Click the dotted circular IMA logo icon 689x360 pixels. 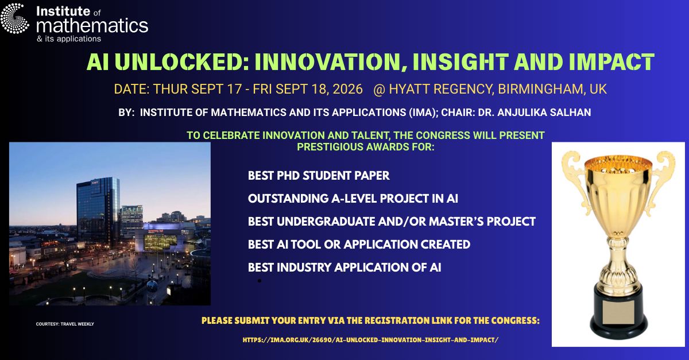[15, 18]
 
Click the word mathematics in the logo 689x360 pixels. [92, 25]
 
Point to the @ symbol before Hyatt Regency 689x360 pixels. [378, 90]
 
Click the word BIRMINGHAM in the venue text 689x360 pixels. [534, 90]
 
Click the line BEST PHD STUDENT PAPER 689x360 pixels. [319, 176]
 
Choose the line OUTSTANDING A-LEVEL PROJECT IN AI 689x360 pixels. [353, 199]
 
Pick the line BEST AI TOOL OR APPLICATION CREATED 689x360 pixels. [359, 245]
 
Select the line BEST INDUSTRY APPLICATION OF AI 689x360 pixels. [344, 268]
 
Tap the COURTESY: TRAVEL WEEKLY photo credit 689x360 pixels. [65, 324]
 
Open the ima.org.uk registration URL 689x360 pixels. [370, 340]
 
